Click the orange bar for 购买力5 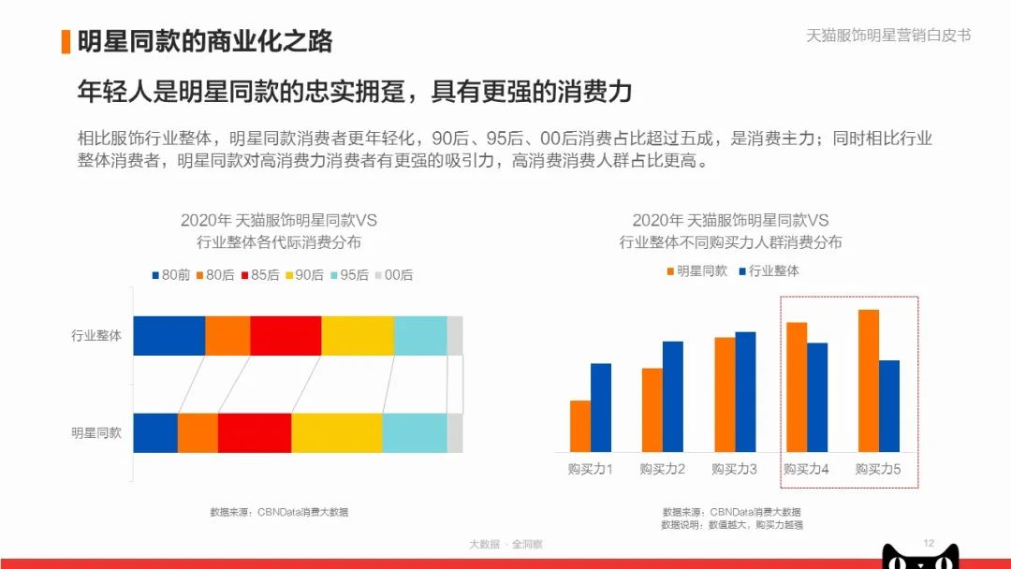(x=869, y=380)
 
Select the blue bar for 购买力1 (x=601, y=407)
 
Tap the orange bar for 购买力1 (x=580, y=426)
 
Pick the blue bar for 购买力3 (x=745, y=391)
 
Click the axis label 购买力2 (x=663, y=468)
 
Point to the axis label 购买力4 (x=806, y=468)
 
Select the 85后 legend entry (x=259, y=275)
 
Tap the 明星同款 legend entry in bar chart (x=696, y=271)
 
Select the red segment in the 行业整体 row (x=286, y=336)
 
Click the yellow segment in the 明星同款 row (x=337, y=432)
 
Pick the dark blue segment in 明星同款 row (x=155, y=432)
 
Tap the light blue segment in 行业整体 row (x=420, y=336)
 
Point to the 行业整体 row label (x=96, y=336)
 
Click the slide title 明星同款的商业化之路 (x=204, y=41)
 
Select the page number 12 (x=929, y=544)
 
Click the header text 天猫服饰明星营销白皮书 (x=888, y=36)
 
